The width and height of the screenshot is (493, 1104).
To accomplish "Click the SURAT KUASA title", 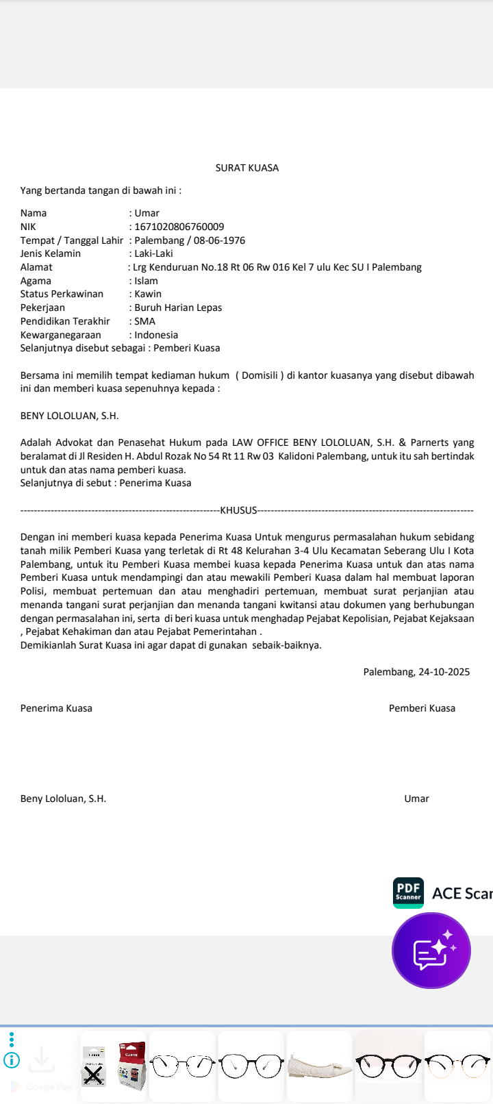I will [x=246, y=168].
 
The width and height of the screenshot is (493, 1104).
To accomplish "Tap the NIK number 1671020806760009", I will [x=179, y=227].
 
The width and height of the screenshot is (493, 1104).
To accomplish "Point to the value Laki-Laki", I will [x=153, y=253].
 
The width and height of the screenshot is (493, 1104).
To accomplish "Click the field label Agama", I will [x=36, y=281].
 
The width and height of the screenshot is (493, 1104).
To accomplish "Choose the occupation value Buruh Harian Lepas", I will [x=178, y=308].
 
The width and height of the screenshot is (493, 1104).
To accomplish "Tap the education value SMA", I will [x=145, y=321].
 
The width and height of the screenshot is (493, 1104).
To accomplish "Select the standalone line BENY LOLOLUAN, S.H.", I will [x=69, y=416].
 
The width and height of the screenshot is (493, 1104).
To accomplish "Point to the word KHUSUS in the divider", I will [x=238, y=510].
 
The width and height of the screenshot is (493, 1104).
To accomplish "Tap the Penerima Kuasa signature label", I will [x=56, y=708].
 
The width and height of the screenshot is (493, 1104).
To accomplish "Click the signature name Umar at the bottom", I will [x=416, y=799].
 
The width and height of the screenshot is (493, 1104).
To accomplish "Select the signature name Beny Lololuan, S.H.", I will [x=63, y=799].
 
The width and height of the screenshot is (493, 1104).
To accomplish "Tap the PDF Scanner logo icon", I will [x=408, y=892].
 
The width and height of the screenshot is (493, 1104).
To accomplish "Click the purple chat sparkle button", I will [x=431, y=951].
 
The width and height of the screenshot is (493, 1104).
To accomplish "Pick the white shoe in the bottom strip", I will [x=319, y=1066].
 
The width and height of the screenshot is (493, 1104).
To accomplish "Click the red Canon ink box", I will [x=131, y=1066].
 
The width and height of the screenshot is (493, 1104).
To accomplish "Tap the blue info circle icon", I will [x=12, y=1061].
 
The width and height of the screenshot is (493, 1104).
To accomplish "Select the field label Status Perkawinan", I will [x=62, y=294].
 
